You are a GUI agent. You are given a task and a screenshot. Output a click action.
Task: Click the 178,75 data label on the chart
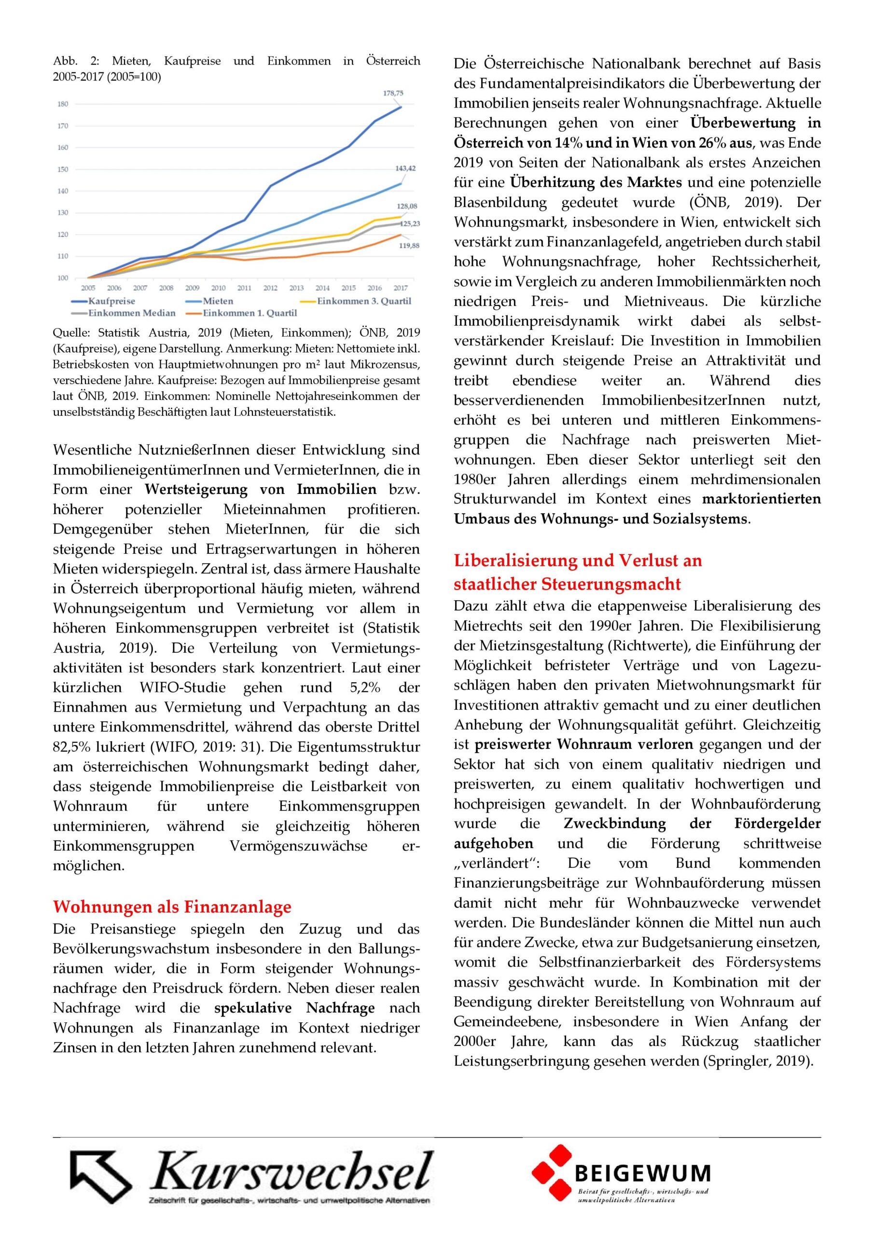pyautogui.click(x=393, y=93)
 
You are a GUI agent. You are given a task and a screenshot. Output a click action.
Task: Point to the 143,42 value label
pyautogui.click(x=405, y=168)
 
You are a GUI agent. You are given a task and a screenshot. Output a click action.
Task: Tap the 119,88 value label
pyautogui.click(x=408, y=246)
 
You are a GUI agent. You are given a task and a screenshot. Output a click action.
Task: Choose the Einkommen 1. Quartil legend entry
pyautogui.click(x=249, y=313)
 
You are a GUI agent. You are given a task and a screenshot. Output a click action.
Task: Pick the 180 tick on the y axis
pyautogui.click(x=62, y=104)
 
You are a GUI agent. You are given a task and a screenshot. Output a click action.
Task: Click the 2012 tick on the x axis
pyautogui.click(x=270, y=288)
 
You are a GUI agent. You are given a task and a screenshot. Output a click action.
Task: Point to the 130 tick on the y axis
pyautogui.click(x=62, y=213)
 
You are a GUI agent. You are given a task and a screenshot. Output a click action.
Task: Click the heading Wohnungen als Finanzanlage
pyautogui.click(x=172, y=906)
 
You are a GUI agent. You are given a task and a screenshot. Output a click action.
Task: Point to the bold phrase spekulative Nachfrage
pyautogui.click(x=294, y=1007)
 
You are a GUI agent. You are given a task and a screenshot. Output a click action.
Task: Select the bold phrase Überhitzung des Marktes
pyautogui.click(x=596, y=182)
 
